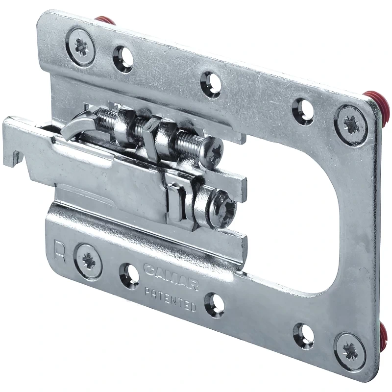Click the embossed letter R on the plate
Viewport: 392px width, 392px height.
pos(60,252)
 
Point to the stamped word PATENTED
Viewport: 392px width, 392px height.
pos(171,299)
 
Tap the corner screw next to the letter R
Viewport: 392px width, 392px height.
pos(89,261)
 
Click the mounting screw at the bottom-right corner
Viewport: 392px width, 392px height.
pos(349,349)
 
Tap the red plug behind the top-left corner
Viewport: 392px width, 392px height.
pos(104,21)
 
